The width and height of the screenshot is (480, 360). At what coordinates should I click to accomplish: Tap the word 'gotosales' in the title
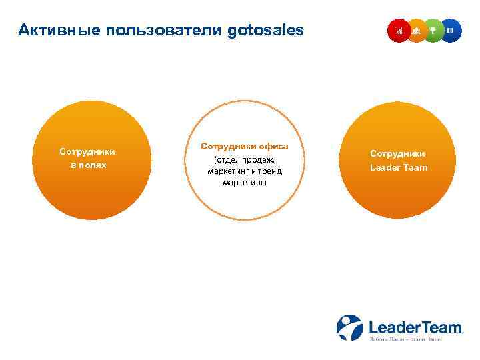point(265,30)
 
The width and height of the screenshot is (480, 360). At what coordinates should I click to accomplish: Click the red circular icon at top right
point(399,31)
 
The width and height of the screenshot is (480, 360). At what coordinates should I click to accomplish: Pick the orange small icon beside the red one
point(417,31)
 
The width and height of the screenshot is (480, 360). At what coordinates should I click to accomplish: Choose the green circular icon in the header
point(433,31)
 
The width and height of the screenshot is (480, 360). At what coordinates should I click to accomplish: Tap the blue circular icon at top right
point(451,31)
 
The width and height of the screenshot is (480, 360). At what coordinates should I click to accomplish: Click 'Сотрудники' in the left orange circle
point(87,151)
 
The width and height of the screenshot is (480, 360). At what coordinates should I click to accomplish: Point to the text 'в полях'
point(87,165)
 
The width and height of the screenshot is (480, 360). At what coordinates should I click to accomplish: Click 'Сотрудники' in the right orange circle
point(398,153)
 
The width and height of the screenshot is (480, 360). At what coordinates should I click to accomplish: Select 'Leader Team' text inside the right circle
point(398,168)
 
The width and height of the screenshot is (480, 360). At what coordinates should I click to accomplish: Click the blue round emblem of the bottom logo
point(349,327)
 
